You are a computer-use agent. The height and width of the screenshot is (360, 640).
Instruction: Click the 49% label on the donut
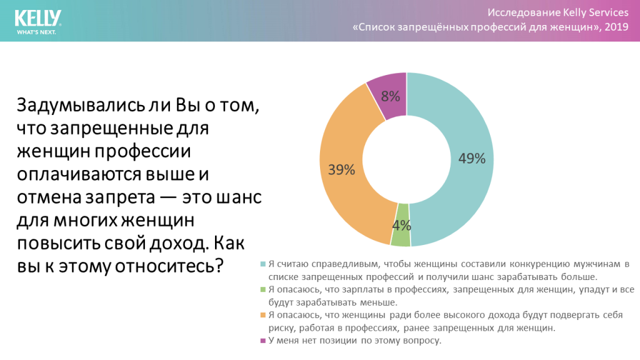(472, 159)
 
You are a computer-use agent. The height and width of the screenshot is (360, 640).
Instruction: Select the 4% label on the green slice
(401, 225)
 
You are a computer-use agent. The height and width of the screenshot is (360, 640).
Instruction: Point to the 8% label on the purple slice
(391, 96)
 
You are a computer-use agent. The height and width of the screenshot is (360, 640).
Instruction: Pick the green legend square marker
(262, 289)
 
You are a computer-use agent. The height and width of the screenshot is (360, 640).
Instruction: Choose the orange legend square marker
(262, 315)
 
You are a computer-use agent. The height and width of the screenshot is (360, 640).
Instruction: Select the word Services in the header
(603, 12)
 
